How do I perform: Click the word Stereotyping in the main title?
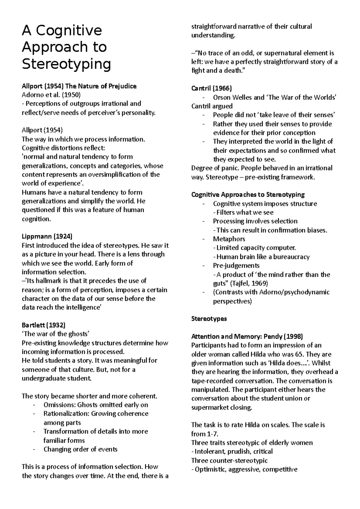66,64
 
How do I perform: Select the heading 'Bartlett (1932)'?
43,325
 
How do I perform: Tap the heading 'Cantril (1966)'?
211,88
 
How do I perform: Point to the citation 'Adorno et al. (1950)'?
51,95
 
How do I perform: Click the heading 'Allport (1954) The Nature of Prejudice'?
79,86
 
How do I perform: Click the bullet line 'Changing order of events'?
80,449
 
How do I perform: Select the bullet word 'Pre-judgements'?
236,266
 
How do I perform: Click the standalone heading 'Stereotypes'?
209,319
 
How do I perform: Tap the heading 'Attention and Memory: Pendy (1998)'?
247,336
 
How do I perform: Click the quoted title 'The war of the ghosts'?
56,334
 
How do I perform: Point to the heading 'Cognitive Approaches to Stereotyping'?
248,195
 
